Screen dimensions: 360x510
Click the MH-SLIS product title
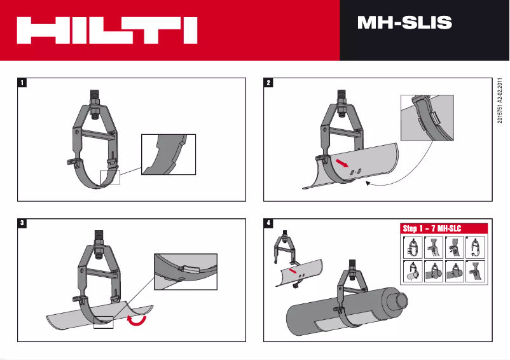404,24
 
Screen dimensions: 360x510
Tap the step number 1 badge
22,83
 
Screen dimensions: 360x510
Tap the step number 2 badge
269,83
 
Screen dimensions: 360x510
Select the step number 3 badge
22,223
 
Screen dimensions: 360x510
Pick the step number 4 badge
269,223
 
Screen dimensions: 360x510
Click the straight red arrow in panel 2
342,164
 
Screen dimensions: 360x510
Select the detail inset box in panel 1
168,153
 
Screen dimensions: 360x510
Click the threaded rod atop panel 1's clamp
94,96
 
